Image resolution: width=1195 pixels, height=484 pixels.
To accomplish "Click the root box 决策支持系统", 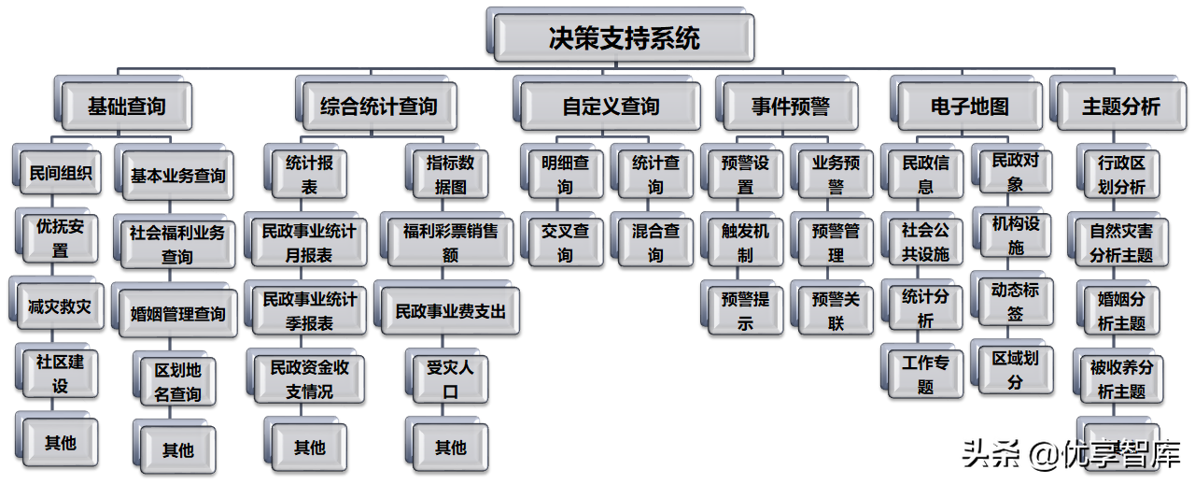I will pos(624,38).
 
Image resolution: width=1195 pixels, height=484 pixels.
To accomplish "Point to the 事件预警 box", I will pos(790,106).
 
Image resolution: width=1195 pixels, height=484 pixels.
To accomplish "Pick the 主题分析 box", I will pos(1120,106).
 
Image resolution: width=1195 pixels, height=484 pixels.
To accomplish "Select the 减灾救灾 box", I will pos(61,307).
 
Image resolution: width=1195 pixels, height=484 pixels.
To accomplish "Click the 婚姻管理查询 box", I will pos(177,314).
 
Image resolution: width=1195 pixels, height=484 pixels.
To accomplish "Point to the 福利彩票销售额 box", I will pos(451,241).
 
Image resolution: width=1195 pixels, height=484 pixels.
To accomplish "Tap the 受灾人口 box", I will pos(451,378).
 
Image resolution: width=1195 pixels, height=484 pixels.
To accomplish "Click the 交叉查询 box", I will pos(566,242).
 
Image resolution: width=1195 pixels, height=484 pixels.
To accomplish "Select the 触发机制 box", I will pos(745,242).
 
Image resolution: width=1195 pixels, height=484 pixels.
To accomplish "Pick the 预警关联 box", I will pos(836,310).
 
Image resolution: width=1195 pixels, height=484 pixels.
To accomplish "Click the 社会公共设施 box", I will pos(925,241).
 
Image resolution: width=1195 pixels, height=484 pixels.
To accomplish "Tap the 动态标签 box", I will pos(1015,301).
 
